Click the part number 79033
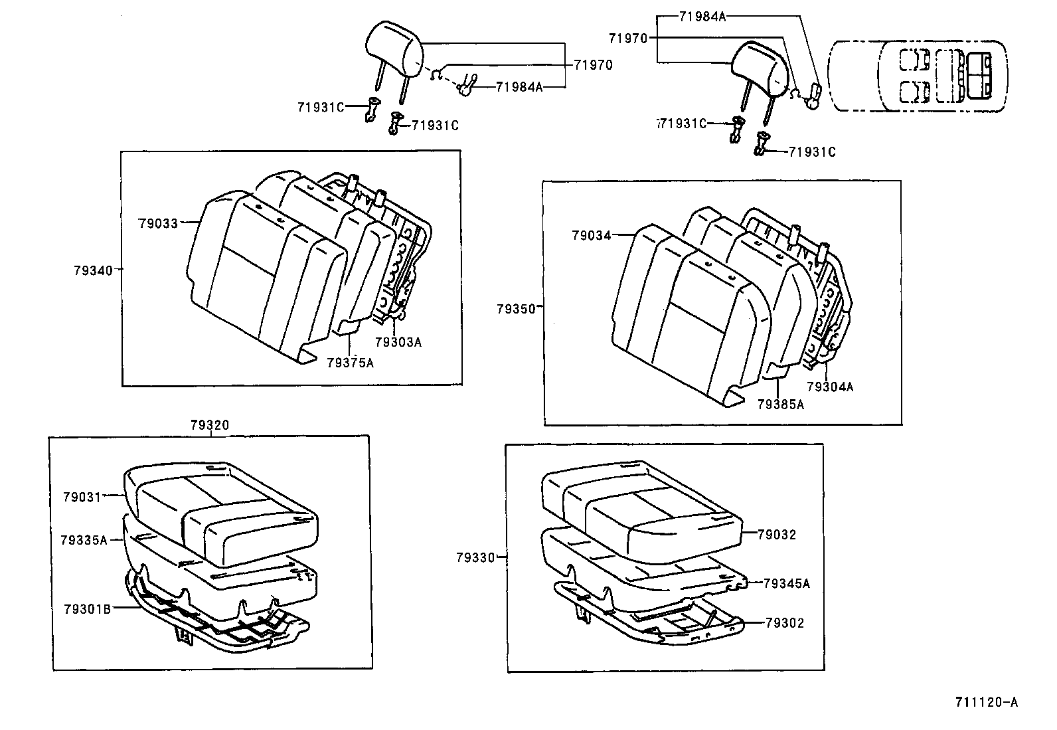click(x=157, y=224)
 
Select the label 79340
click(x=93, y=270)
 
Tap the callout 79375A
click(x=350, y=363)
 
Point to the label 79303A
click(x=398, y=343)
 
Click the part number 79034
click(x=591, y=235)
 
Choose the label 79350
click(x=515, y=309)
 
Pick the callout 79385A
click(x=780, y=405)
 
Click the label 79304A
click(x=830, y=387)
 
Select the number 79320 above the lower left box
click(x=210, y=425)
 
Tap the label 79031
click(x=82, y=497)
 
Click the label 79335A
click(x=83, y=540)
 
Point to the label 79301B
click(x=87, y=609)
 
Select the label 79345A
click(x=786, y=584)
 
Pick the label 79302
click(x=784, y=623)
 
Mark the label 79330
click(x=475, y=558)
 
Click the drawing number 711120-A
click(x=986, y=702)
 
